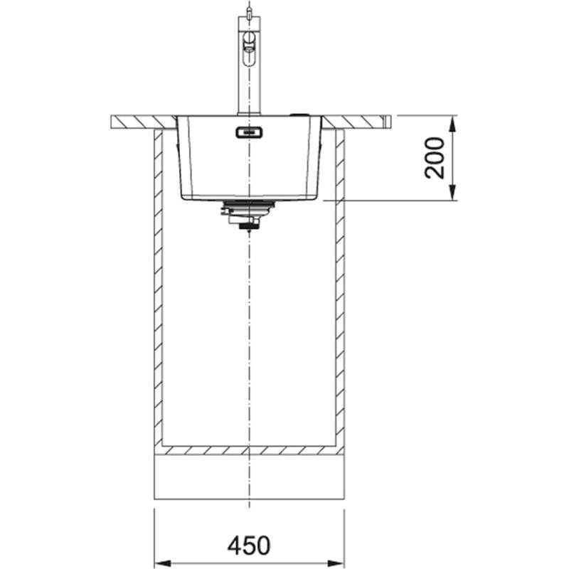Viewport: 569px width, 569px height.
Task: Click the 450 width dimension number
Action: point(249,546)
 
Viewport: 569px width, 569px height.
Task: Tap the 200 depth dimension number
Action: point(435,158)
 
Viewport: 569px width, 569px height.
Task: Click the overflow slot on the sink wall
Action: point(249,132)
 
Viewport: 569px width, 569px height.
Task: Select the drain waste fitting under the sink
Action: point(248,213)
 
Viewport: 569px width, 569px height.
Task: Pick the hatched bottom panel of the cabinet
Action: point(249,450)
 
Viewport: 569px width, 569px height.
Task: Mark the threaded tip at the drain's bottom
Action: point(248,227)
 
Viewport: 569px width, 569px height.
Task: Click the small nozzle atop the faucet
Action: point(248,11)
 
